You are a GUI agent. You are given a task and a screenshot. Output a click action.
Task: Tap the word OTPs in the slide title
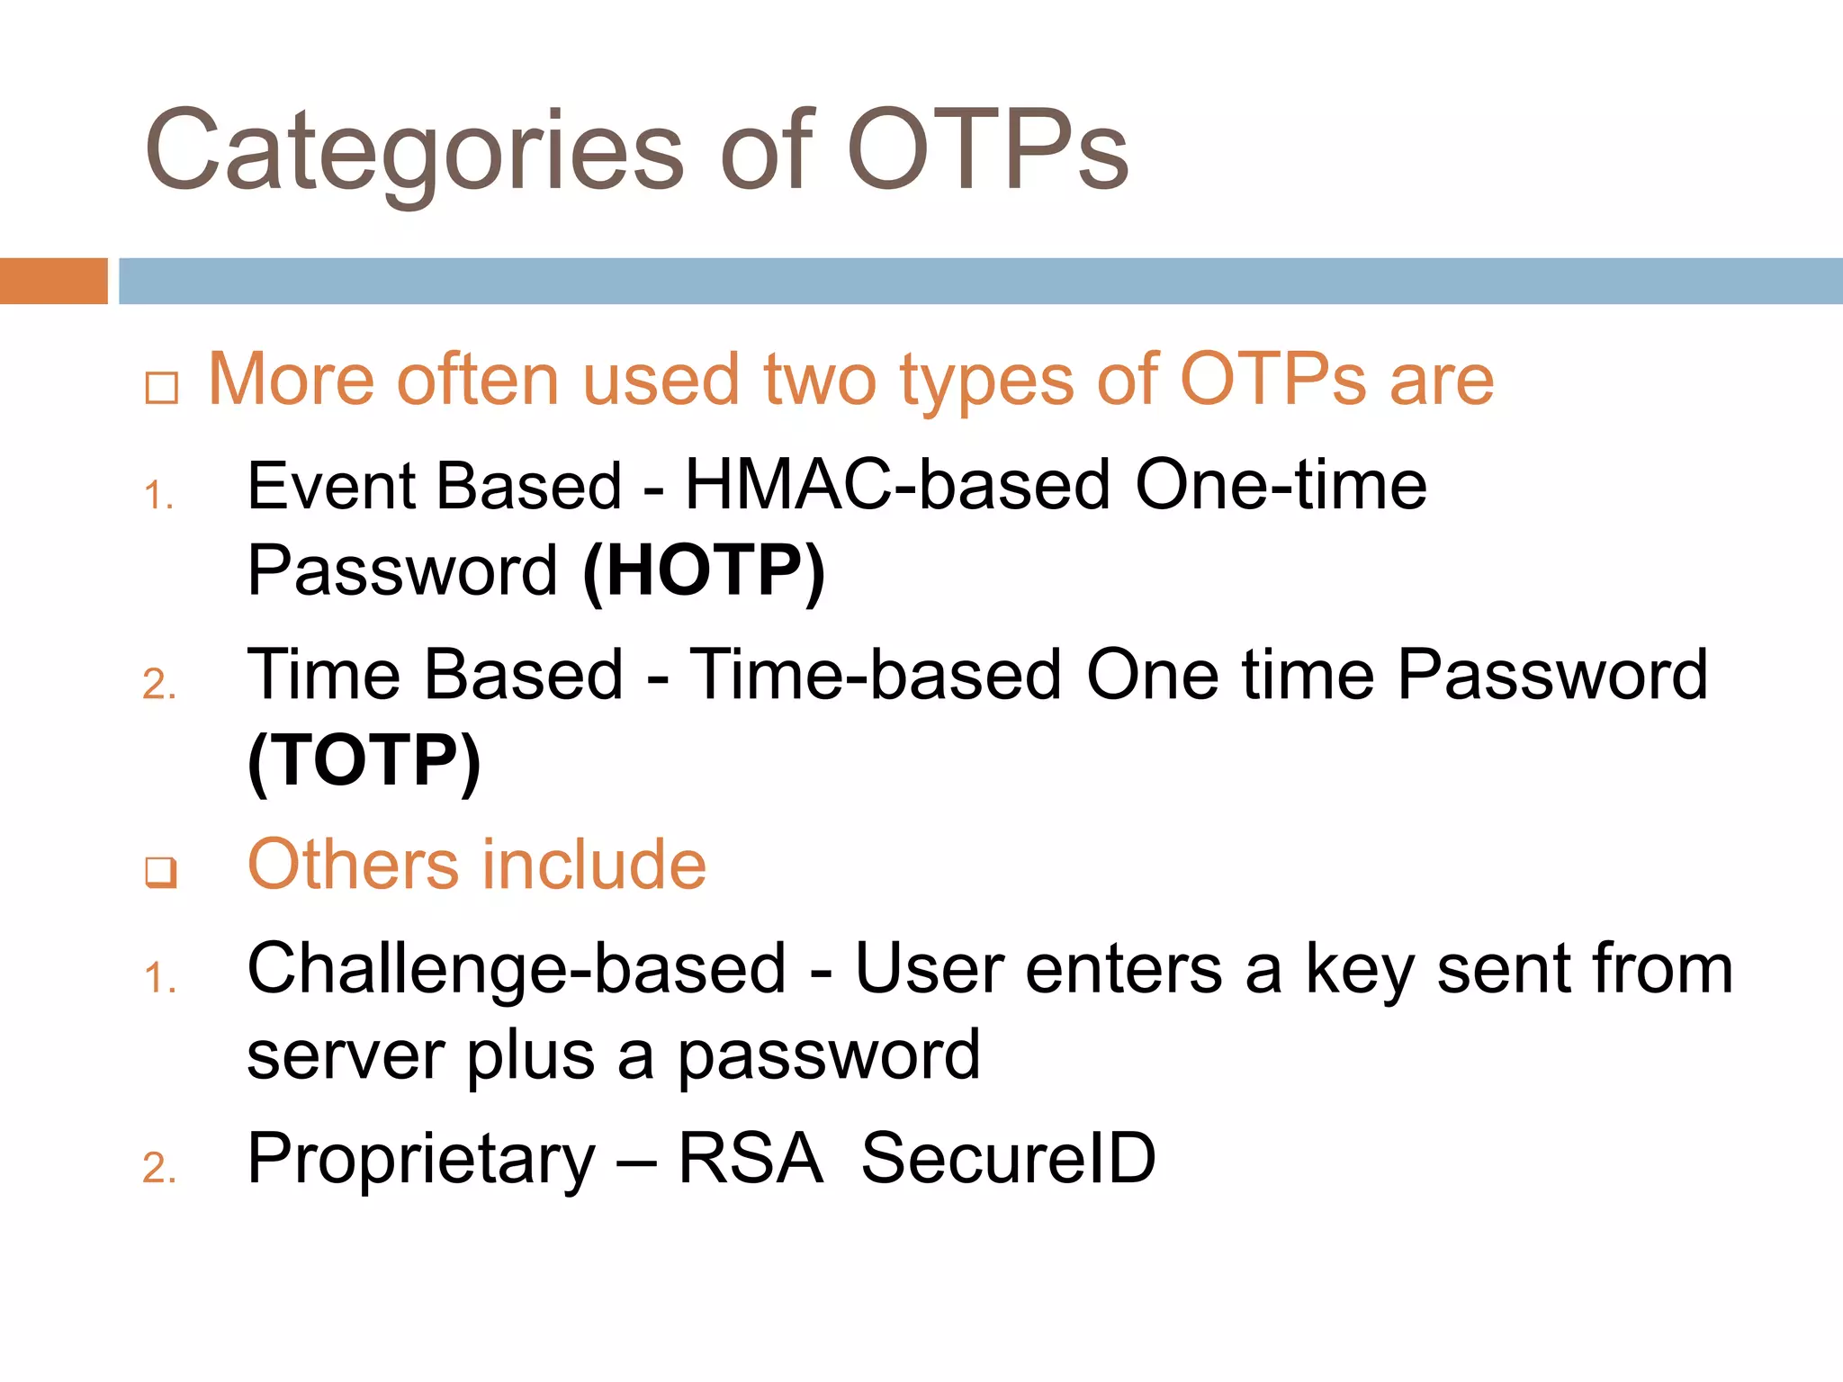point(987,151)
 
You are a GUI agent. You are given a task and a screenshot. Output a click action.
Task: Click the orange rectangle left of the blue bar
point(53,281)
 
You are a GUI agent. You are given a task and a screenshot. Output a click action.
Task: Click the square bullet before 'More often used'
point(161,388)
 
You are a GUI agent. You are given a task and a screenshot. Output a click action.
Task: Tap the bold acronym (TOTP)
point(364,760)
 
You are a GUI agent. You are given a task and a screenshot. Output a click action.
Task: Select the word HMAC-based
point(897,486)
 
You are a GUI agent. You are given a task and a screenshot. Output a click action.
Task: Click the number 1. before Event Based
point(158,496)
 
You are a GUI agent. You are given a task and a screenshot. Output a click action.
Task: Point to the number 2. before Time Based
point(159,685)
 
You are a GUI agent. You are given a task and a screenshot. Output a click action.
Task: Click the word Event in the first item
point(329,486)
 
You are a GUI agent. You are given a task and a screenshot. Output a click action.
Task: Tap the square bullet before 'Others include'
point(161,872)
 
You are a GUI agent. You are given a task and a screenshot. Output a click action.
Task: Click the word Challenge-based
point(517,970)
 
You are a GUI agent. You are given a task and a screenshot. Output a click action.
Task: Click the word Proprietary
point(420,1159)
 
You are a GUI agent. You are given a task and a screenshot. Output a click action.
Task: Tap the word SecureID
point(1008,1159)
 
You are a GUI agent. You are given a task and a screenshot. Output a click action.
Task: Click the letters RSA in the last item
point(750,1159)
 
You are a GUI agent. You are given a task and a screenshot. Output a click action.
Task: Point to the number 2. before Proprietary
point(159,1168)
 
